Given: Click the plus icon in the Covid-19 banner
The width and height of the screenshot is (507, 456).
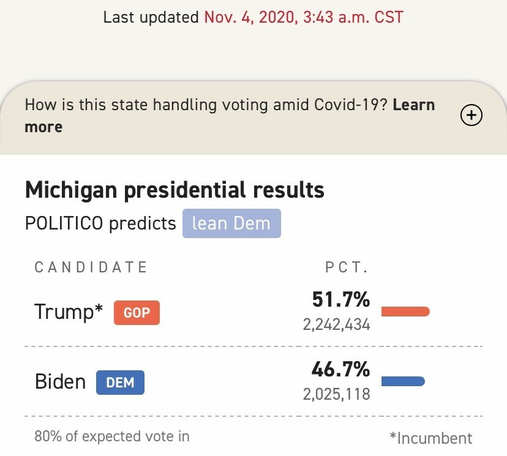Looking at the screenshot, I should pos(471,115).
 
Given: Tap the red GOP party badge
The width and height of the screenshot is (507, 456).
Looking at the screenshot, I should pos(137,313).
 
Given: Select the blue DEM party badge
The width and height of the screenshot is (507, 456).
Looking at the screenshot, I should pos(120,383).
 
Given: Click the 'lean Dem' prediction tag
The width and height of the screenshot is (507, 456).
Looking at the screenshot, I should pos(231,223).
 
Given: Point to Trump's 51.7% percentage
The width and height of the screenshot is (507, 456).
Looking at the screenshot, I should pos(341,300).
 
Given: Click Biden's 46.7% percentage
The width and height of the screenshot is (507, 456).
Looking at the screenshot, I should pos(341,370).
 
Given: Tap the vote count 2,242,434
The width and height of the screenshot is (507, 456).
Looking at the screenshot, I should pos(337,324).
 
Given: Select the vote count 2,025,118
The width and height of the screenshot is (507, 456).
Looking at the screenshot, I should pos(337,394).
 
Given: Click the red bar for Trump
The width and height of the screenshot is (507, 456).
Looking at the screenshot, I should pos(405,312).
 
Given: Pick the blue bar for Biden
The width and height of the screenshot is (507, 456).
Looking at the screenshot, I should pos(403,382).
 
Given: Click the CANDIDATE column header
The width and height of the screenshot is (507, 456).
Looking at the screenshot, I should pos(91,267).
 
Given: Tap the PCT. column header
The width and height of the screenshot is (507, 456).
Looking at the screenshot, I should pos(346,267).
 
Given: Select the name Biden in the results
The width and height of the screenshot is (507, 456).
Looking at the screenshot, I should pos(60,382).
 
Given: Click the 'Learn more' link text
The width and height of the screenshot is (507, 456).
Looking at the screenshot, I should pos(414,105).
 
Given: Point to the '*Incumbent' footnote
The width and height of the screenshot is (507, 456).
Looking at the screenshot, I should pos(430,438).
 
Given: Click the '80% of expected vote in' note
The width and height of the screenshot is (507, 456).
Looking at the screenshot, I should pos(112,436).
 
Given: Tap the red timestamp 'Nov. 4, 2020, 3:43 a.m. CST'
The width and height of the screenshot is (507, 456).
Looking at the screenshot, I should pos(304,17).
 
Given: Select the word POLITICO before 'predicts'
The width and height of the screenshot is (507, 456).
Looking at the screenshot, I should pos(64,223).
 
